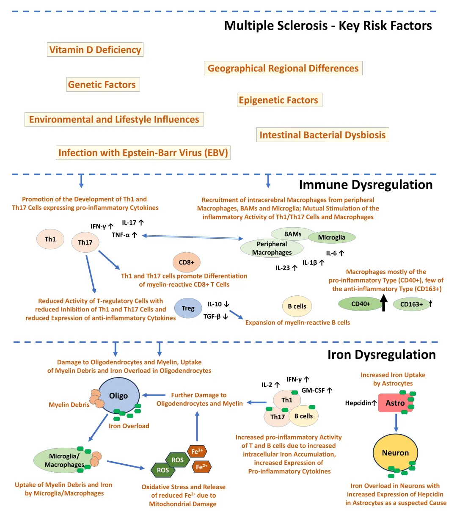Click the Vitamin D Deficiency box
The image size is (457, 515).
coord(95,50)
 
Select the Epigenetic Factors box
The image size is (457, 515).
coord(278,100)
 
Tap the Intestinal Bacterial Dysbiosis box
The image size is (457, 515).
coord(322,135)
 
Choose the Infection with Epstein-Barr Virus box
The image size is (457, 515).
coord(143,153)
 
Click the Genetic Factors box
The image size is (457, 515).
coord(102,85)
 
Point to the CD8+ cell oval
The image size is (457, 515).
coord(186,262)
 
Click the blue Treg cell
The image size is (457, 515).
coord(188,308)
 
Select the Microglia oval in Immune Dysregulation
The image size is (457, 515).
coord(332,237)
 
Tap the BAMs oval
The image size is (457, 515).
coord(293,234)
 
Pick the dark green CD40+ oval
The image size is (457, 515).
coord(361,304)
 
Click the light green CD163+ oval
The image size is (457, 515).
coord(411,304)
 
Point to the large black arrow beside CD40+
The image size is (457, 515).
coord(384,303)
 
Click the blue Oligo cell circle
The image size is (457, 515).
coord(118,396)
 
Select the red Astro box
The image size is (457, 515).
coord(395,403)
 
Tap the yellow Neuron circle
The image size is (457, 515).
coord(395,453)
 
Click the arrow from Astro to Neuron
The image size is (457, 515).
coord(396,423)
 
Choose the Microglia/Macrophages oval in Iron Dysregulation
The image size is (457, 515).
coord(64,460)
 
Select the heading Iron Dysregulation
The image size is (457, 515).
coord(381,355)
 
